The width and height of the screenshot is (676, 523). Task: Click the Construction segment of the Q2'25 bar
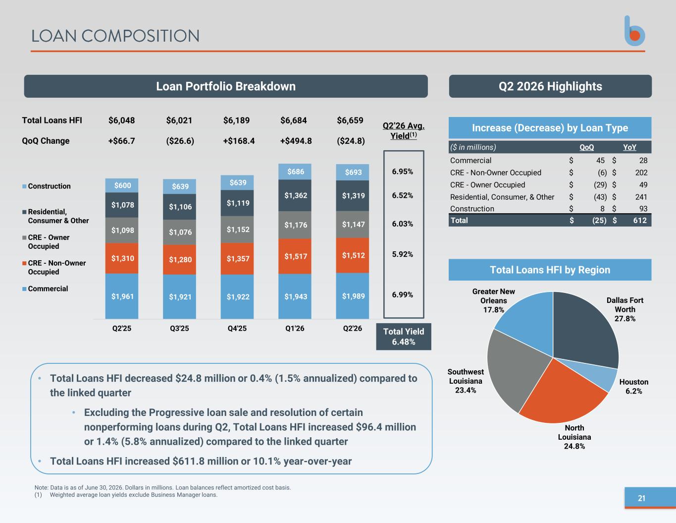pyautogui.click(x=122, y=185)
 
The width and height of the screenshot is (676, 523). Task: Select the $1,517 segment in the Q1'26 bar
pyautogui.click(x=295, y=256)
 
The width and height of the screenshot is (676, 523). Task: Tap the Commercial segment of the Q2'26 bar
pyautogui.click(x=353, y=296)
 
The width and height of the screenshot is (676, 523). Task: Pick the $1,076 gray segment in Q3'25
pyautogui.click(x=179, y=232)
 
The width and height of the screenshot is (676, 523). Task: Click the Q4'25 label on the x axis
pyautogui.click(x=237, y=329)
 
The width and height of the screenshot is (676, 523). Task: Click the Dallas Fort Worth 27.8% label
pyautogui.click(x=624, y=309)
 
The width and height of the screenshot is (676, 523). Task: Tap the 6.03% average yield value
pyautogui.click(x=403, y=224)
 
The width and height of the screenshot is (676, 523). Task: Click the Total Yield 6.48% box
pyautogui.click(x=404, y=337)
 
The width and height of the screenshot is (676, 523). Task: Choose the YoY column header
pyautogui.click(x=629, y=147)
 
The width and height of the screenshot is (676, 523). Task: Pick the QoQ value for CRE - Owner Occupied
pyautogui.click(x=600, y=184)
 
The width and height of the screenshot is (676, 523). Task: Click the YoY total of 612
pyautogui.click(x=640, y=221)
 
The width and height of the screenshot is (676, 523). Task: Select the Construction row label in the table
pyautogui.click(x=472, y=209)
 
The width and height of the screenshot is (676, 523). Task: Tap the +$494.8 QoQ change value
pyautogui.click(x=296, y=141)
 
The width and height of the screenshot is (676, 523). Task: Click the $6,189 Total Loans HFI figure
pyautogui.click(x=236, y=120)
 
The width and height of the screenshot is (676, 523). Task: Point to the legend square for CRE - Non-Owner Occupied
pyautogui.click(x=24, y=263)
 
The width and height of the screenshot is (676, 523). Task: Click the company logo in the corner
pyautogui.click(x=634, y=31)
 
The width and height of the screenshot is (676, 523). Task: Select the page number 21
pyautogui.click(x=641, y=498)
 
